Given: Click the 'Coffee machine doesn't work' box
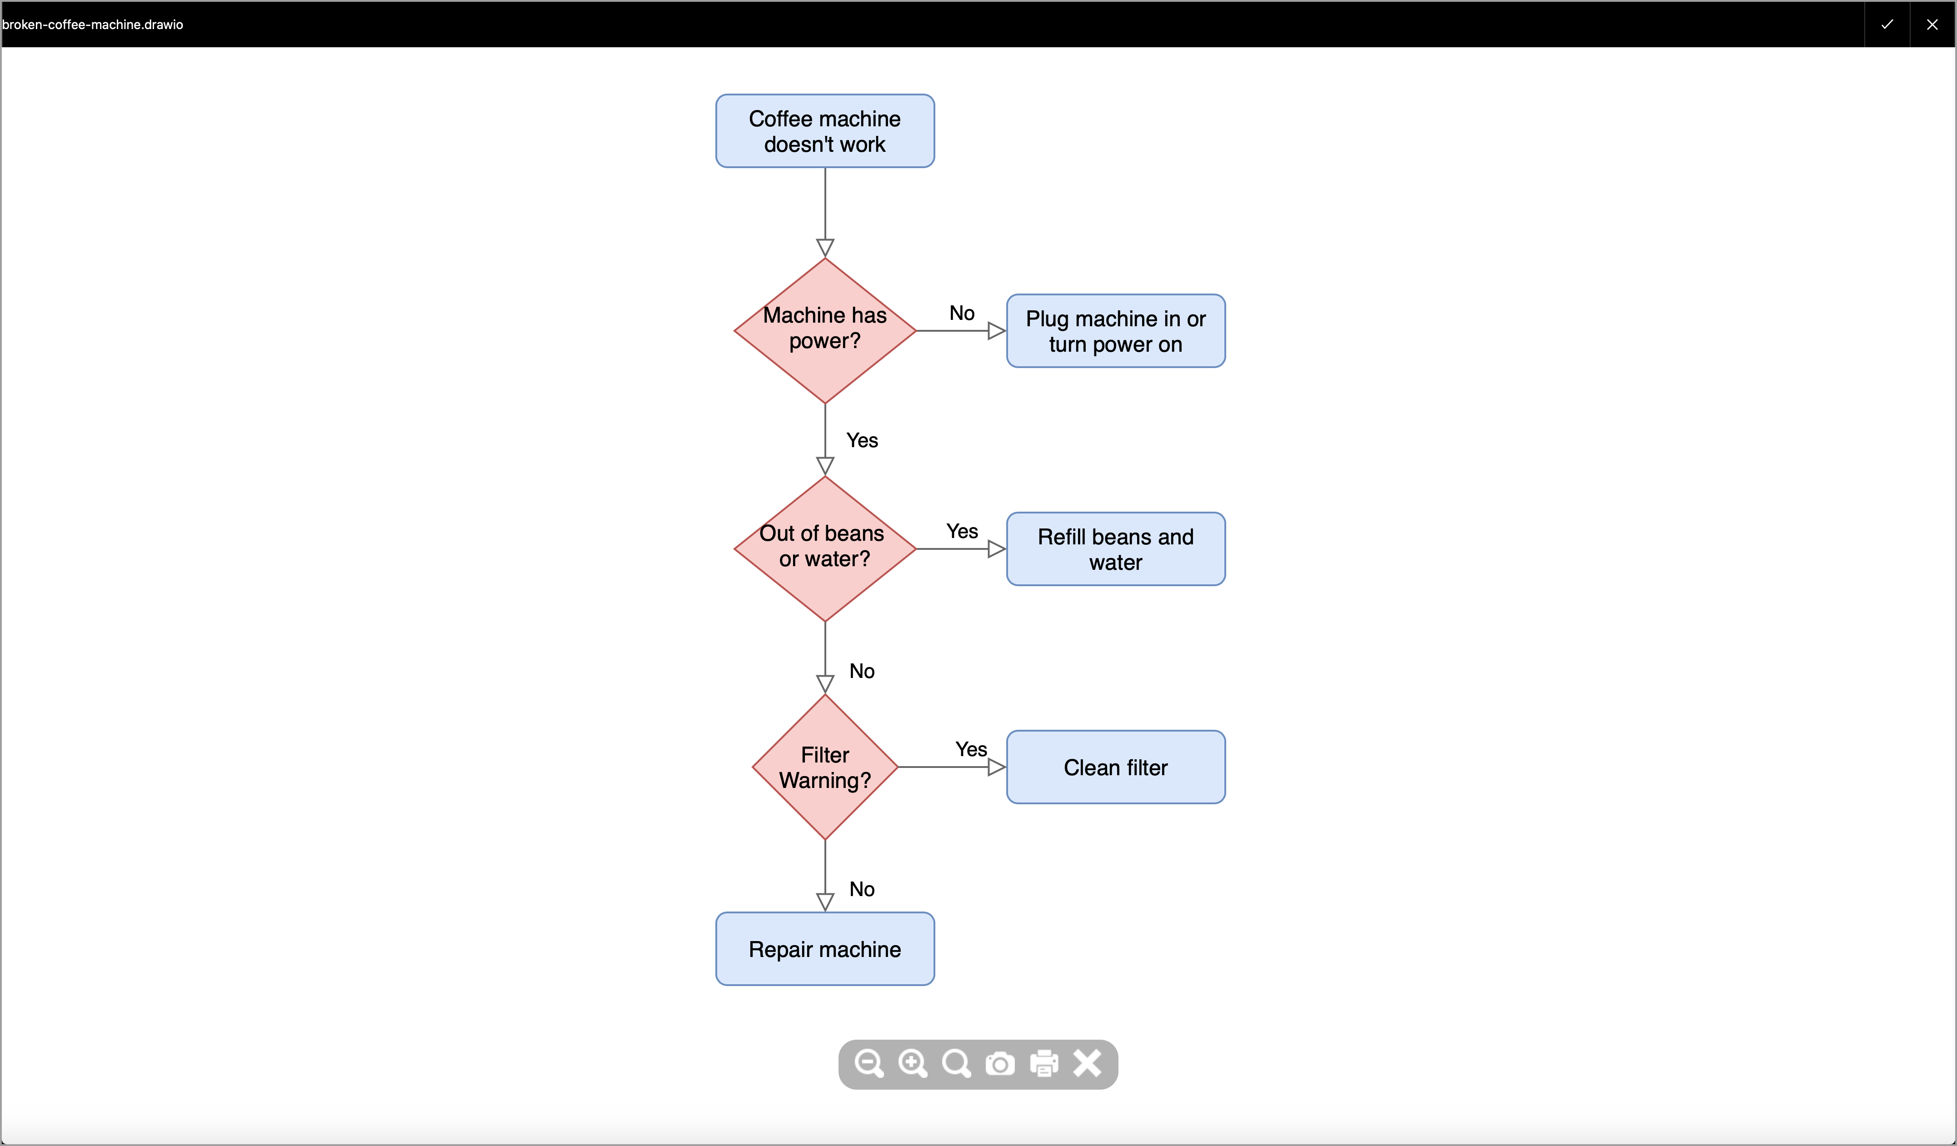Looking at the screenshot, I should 825,131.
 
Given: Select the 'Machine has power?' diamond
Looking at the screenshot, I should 825,331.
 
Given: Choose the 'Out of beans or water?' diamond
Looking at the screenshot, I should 825,549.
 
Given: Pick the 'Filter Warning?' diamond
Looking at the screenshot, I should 825,767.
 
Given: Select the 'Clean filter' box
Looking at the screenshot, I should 1115,767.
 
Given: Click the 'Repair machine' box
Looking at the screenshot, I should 825,949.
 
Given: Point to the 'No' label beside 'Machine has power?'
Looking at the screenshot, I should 961,313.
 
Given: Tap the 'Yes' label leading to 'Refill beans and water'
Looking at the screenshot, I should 961,531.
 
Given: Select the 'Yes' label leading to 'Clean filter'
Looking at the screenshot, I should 971,749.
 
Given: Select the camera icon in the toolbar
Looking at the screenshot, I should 999,1064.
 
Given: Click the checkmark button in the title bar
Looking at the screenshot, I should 1887,24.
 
